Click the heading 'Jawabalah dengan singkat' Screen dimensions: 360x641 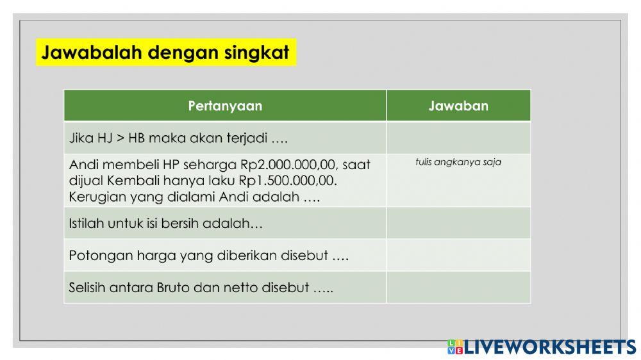(165, 53)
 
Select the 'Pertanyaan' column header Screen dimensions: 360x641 (225, 106)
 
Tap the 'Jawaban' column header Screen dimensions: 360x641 (458, 106)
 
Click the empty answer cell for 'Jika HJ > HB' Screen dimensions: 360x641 (458, 138)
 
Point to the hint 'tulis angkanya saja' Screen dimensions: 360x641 (458, 162)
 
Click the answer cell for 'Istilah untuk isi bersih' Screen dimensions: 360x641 (458, 223)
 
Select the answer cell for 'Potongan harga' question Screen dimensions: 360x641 (458, 255)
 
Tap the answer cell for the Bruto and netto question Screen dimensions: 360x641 (458, 287)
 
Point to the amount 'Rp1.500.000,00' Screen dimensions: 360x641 (288, 181)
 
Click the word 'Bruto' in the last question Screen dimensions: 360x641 (173, 288)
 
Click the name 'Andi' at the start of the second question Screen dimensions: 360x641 (83, 165)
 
